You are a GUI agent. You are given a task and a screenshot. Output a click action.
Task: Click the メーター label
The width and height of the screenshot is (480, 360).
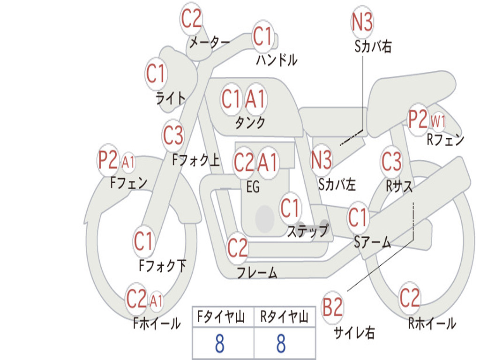pyautogui.click(x=210, y=43)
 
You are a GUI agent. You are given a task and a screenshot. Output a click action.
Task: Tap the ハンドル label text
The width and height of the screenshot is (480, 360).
pyautogui.click(x=277, y=60)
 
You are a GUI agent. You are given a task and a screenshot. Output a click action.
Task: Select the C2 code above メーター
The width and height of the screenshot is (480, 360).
pyautogui.click(x=191, y=19)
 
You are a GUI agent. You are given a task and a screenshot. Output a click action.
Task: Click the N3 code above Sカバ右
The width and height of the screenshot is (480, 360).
pyautogui.click(x=362, y=22)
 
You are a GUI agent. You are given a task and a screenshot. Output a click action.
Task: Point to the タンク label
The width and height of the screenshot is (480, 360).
pyautogui.click(x=250, y=122)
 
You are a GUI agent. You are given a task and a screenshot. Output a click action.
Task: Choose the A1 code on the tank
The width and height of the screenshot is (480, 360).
pyautogui.click(x=255, y=99)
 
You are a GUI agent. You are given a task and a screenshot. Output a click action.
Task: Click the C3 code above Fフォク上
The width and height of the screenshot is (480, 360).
pyautogui.click(x=173, y=135)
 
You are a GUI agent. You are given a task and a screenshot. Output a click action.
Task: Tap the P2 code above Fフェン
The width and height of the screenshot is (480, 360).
pyautogui.click(x=108, y=160)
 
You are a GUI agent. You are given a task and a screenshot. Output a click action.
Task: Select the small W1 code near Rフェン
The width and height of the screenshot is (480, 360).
pyautogui.click(x=438, y=122)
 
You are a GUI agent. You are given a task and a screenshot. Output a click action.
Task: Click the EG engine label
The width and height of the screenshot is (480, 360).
pyautogui.click(x=253, y=187)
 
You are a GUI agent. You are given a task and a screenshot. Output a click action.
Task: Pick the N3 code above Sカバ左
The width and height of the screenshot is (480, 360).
pyautogui.click(x=321, y=160)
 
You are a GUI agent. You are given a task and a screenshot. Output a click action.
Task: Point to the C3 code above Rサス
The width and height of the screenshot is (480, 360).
pyautogui.click(x=391, y=161)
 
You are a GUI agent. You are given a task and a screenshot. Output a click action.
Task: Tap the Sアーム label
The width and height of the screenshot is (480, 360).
pyautogui.click(x=373, y=242)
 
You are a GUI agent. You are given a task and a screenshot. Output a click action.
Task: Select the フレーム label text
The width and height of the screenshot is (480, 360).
pyautogui.click(x=257, y=272)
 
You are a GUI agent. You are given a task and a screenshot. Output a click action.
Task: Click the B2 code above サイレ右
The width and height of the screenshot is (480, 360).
pyautogui.click(x=332, y=307)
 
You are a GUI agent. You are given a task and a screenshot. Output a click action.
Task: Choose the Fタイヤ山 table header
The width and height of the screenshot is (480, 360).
pyautogui.click(x=221, y=317)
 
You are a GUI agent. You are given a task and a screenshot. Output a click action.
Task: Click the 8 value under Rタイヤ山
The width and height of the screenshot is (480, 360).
pyautogui.click(x=281, y=344)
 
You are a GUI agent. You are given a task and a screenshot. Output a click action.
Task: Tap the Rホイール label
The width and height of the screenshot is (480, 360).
pyautogui.click(x=432, y=323)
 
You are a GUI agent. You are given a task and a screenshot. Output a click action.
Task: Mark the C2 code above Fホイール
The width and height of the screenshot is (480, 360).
pyautogui.click(x=136, y=299)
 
